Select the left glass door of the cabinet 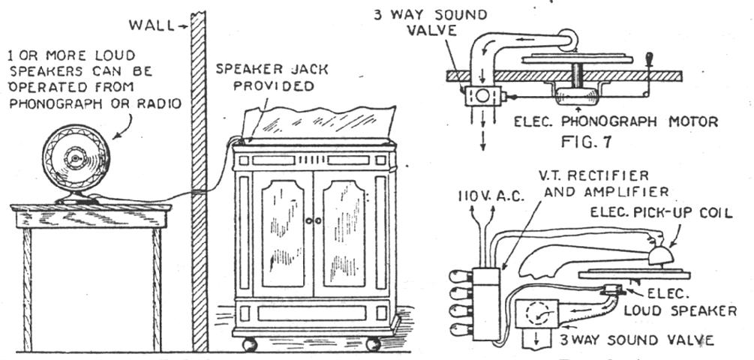[x=282, y=233]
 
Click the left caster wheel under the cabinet [x=250, y=344]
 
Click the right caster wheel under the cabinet [x=373, y=344]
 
